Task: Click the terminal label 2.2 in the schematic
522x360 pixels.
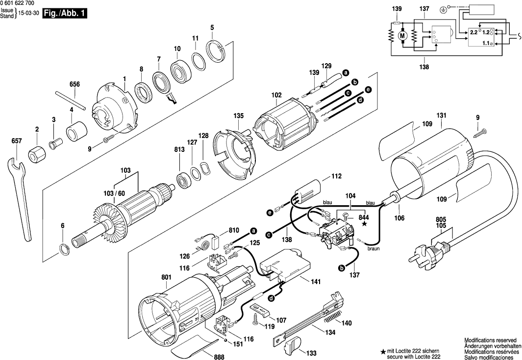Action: [473, 32]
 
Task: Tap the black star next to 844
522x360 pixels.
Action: [364, 224]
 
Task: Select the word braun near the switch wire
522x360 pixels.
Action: [373, 248]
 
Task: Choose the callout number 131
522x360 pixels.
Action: [442, 116]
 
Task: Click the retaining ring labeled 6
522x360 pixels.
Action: [63, 248]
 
